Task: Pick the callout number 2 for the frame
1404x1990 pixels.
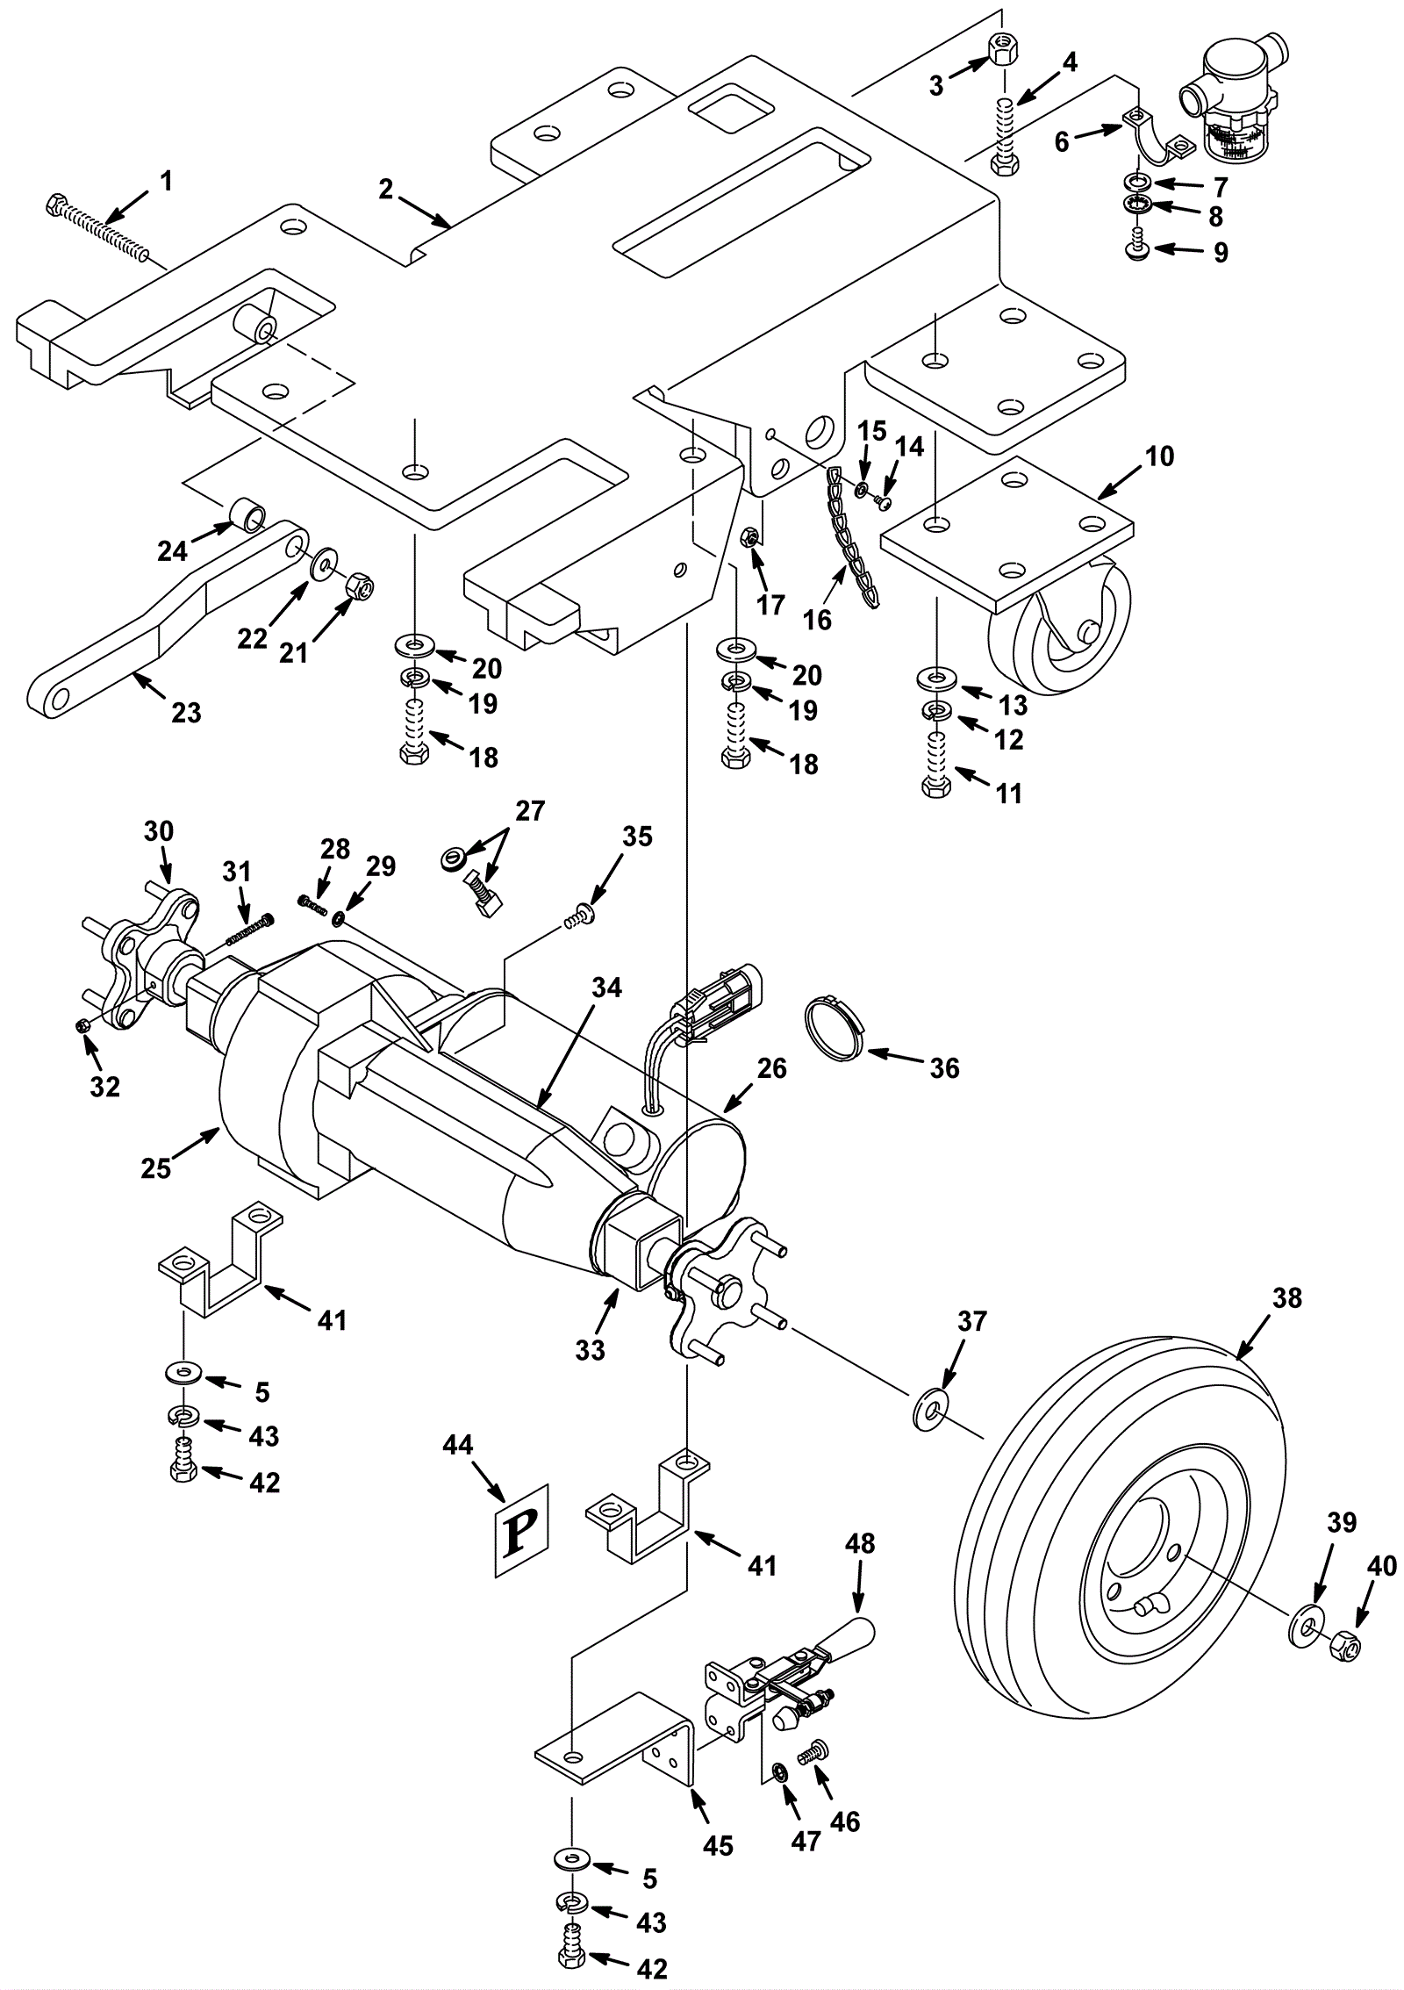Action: click(x=386, y=189)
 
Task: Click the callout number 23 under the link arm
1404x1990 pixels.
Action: click(x=186, y=712)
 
